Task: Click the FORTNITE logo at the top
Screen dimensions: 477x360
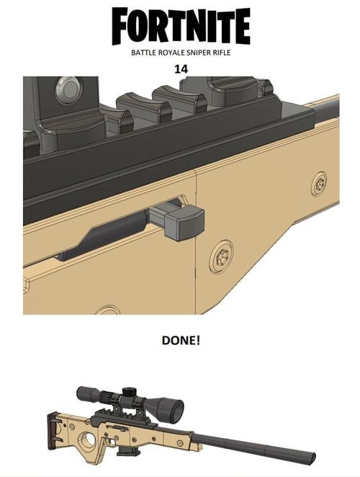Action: pyautogui.click(x=181, y=26)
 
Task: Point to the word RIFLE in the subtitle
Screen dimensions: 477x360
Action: pyautogui.click(x=221, y=53)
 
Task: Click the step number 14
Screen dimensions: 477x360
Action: pyautogui.click(x=181, y=69)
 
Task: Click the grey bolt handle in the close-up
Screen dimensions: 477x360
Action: pyautogui.click(x=180, y=219)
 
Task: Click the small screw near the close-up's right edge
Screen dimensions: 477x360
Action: pyautogui.click(x=319, y=183)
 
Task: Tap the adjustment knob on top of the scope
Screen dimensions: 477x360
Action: pyautogui.click(x=130, y=392)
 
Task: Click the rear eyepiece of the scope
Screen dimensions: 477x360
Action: pyautogui.click(x=81, y=395)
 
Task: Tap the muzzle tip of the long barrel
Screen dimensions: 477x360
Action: pyautogui.click(x=312, y=458)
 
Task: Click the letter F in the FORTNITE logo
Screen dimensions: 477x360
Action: pyautogui.click(x=122, y=26)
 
